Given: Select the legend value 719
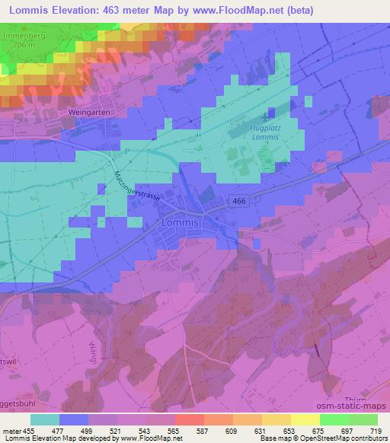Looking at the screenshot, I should pyautogui.click(x=377, y=430).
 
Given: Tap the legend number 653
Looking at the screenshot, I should pyautogui.click(x=291, y=430).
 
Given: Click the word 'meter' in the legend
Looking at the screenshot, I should pyautogui.click(x=11, y=430).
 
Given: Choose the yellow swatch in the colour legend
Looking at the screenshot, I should pyautogui.click(x=305, y=419).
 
